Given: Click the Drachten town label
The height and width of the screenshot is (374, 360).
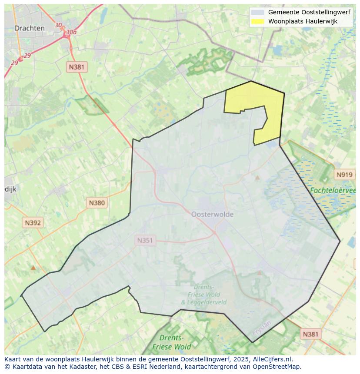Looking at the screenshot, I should coord(30,28).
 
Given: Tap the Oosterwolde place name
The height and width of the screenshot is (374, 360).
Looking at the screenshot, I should coord(212,214).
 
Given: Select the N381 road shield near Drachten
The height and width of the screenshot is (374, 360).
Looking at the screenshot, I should coord(77,67).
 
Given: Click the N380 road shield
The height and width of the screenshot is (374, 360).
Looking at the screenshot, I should coord(97,202).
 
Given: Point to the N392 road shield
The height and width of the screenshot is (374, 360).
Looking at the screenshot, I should coord(33,223).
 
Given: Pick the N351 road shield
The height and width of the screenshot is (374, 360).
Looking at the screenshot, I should coord(145,240).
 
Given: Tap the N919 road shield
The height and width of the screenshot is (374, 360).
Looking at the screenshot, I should coord(344,175).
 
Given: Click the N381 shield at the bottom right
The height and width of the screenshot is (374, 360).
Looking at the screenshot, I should coord(310,334).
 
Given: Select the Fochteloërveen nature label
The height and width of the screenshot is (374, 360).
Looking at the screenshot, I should coord(333,190).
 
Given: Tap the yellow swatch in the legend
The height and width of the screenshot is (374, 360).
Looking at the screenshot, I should coord(257,21).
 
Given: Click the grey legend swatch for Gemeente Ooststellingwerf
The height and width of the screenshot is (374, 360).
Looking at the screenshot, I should coord(257,13).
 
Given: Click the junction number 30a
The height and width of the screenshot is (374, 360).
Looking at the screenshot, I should coord(71,32).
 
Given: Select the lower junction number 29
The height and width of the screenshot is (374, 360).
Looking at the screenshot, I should coord(14,63).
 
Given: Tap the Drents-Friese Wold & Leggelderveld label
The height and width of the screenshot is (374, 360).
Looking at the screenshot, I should coord(203,295).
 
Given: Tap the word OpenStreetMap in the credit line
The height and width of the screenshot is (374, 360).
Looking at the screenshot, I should coord(279,367).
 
